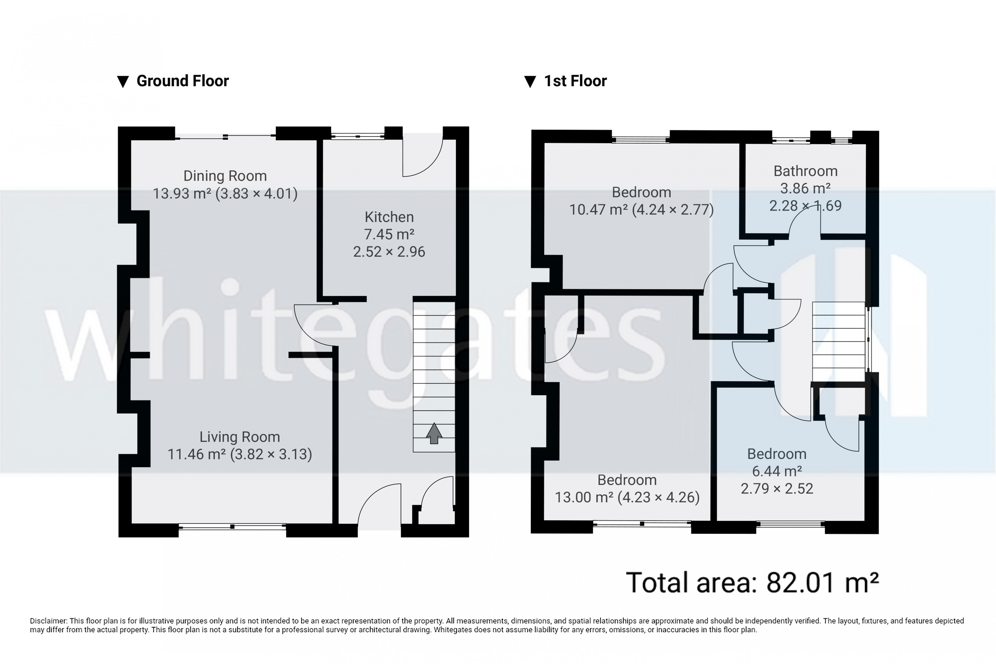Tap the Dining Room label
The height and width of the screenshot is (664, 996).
(225, 176)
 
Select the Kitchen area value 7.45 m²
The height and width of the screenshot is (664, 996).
(389, 234)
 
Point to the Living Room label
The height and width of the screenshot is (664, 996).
(240, 436)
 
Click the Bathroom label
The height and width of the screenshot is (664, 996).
(805, 171)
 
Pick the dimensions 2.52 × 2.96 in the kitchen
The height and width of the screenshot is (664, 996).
(389, 251)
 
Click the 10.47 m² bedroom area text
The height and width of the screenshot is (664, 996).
(598, 210)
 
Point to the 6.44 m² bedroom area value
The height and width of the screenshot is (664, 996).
(777, 471)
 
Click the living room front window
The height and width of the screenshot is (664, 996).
(232, 527)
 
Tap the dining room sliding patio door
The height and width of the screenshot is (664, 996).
(225, 136)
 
